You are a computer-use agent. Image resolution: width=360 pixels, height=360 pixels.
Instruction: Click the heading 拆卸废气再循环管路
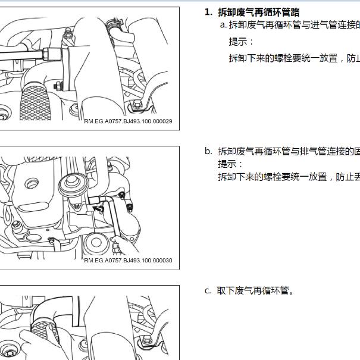point(258,12)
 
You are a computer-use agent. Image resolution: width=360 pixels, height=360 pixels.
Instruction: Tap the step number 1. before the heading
point(208,12)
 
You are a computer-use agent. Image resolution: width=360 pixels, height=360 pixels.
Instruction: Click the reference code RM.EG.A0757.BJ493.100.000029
point(128,121)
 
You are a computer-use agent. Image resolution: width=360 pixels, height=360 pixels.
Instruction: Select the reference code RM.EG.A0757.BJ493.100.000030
point(128,261)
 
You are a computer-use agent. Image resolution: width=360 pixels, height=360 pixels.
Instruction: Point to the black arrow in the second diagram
point(98,209)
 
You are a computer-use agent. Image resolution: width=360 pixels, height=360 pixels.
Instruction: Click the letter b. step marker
point(208,151)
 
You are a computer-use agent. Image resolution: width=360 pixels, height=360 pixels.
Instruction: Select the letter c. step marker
point(208,291)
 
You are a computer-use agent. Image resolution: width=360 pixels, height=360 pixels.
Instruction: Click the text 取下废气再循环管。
point(255,290)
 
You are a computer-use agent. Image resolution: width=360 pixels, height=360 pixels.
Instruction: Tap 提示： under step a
point(241,42)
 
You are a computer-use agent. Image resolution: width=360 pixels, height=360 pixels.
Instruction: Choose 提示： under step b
point(230,164)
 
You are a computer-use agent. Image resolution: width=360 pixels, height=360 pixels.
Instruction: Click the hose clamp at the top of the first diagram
point(114,23)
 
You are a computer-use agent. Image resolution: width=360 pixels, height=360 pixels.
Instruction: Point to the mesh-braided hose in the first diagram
point(35,102)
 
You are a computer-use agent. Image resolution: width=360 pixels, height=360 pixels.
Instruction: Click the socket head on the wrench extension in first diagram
point(52,54)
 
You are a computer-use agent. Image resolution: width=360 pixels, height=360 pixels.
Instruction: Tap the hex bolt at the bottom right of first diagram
point(137,105)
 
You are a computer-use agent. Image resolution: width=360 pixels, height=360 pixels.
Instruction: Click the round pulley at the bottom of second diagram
point(96,243)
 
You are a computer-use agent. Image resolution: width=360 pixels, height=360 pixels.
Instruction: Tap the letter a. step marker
point(223,24)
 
